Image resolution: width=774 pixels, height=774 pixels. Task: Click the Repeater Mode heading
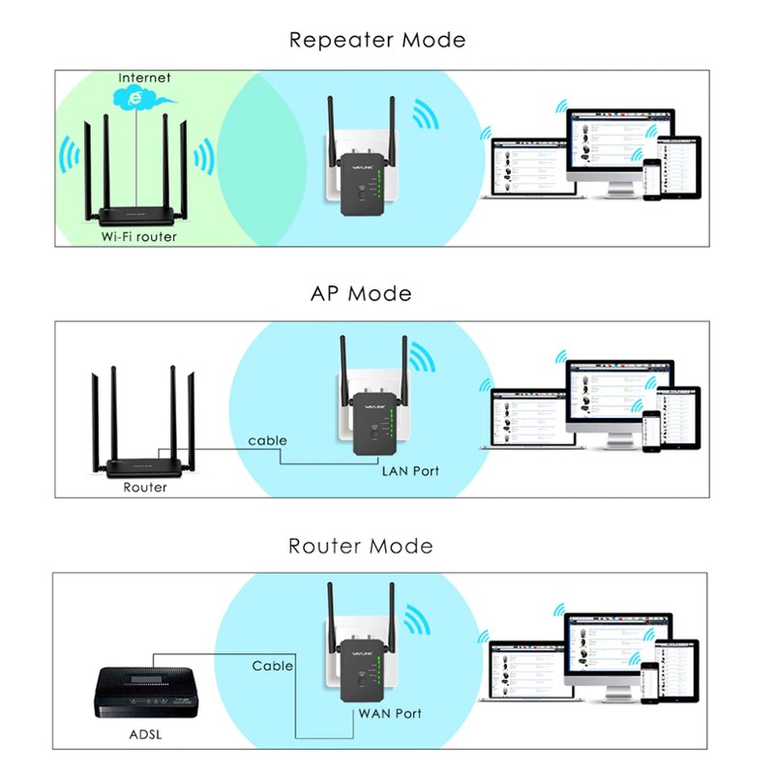coord(377,41)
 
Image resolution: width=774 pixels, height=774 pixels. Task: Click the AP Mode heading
coord(361,293)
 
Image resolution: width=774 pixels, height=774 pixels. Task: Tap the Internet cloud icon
coord(135,97)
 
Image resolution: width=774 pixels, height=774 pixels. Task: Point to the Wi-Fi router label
coord(139,236)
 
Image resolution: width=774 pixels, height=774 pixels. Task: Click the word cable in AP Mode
coord(267,441)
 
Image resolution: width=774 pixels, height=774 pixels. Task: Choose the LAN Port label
coord(410,471)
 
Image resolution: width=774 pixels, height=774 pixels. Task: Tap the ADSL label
coord(146,734)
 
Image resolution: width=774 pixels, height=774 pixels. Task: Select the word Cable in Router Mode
coord(273,666)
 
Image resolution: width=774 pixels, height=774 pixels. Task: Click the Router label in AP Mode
coord(145,488)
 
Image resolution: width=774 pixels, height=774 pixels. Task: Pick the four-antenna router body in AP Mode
coord(145,466)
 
